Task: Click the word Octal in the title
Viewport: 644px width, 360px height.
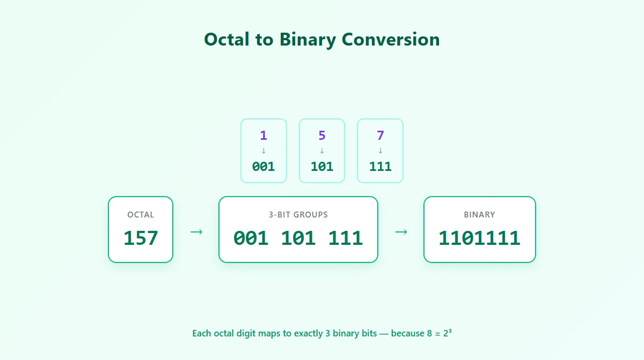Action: point(226,39)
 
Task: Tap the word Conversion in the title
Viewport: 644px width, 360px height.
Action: point(391,39)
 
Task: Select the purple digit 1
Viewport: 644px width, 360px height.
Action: point(264,135)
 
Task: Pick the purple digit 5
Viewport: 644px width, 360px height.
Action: point(322,135)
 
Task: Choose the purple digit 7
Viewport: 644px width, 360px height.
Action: point(380,135)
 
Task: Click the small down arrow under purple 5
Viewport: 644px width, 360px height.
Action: point(322,151)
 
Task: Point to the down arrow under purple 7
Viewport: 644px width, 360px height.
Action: point(380,151)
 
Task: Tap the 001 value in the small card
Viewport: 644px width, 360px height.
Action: point(264,167)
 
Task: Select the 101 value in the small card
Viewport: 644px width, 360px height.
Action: point(322,167)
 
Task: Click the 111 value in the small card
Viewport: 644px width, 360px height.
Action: point(380,167)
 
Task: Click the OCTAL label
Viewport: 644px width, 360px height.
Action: point(141,215)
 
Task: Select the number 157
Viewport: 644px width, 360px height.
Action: point(141,238)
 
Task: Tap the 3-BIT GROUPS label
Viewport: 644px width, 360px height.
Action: point(298,215)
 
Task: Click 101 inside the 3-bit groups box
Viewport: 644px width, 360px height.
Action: point(298,238)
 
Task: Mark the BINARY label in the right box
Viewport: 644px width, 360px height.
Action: point(480,215)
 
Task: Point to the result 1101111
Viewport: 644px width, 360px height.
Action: point(480,238)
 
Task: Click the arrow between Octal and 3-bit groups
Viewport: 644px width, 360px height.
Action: point(196,231)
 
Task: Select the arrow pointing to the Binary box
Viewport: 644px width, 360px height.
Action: point(401,231)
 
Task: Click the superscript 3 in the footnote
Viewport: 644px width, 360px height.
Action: point(450,331)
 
